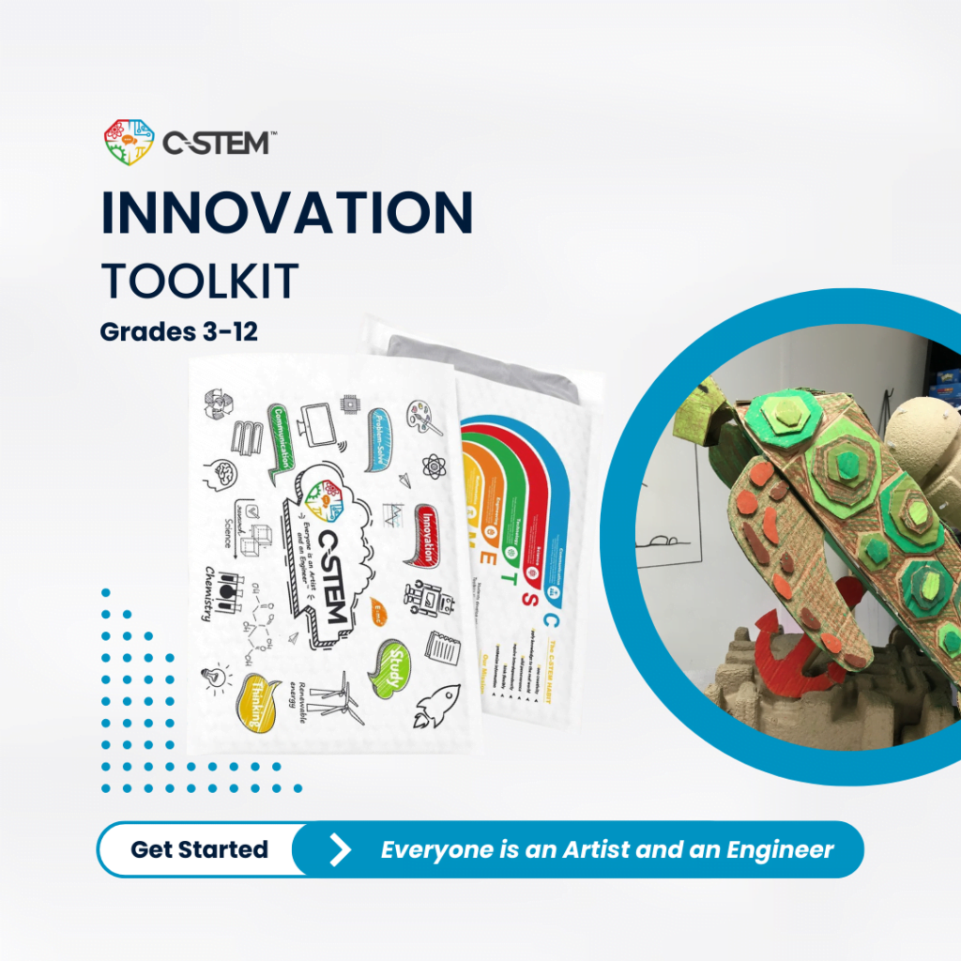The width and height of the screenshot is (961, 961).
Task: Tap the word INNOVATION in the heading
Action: click(x=286, y=213)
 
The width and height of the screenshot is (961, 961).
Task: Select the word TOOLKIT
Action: click(x=199, y=280)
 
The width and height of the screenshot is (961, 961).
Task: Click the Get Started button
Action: click(x=199, y=849)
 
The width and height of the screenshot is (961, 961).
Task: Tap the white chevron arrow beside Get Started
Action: click(x=340, y=850)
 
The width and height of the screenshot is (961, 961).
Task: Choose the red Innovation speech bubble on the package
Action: click(x=428, y=534)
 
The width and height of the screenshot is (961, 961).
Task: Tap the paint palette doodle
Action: click(x=419, y=414)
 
